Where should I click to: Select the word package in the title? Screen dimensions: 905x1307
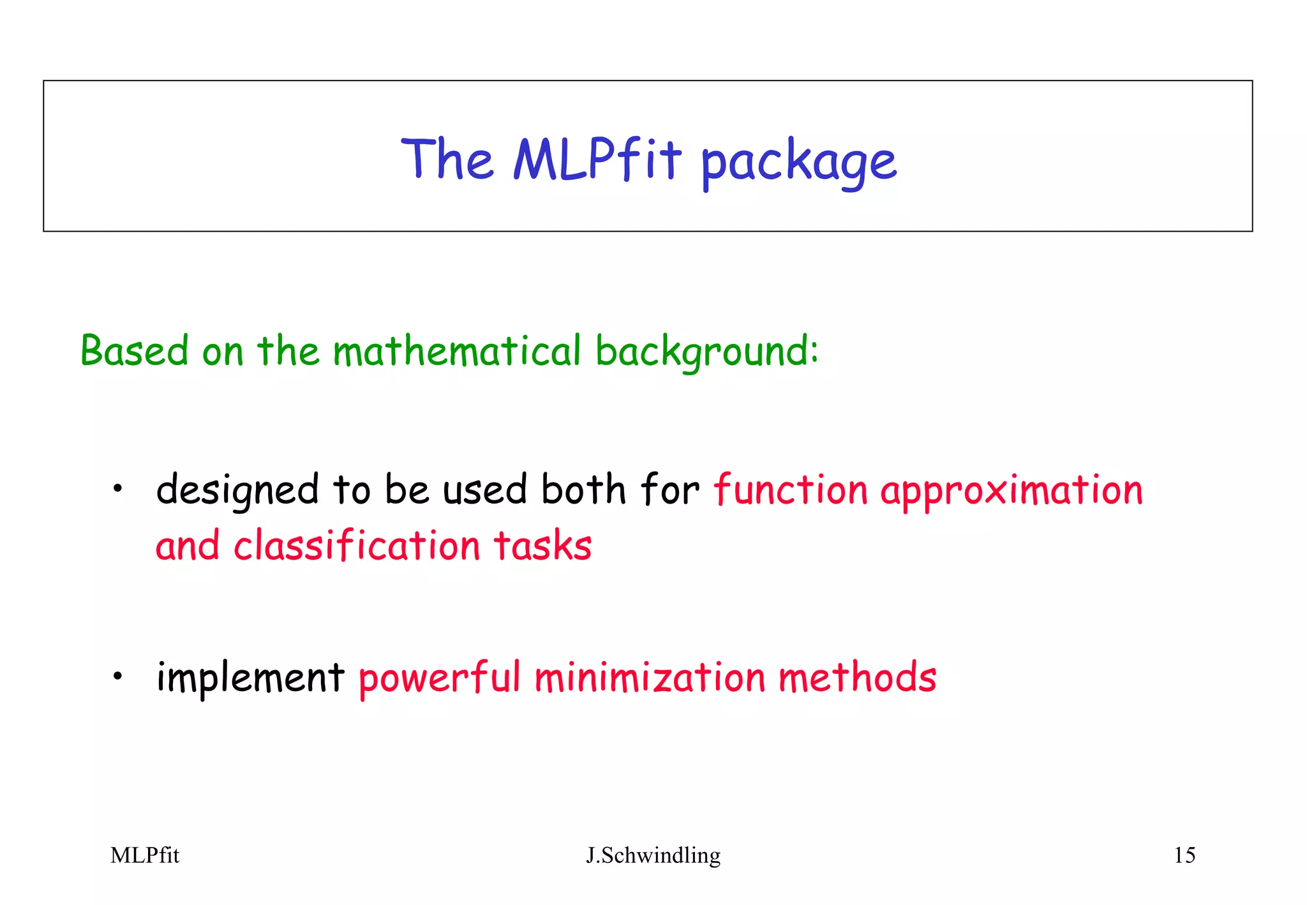click(798, 163)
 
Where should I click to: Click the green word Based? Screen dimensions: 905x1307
click(134, 350)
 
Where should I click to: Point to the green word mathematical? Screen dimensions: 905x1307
click(456, 350)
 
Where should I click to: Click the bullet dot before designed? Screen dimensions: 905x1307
click(117, 490)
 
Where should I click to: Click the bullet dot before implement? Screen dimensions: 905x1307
click(117, 677)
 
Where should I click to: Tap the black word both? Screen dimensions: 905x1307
click(583, 490)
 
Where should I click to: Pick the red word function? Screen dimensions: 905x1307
click(790, 490)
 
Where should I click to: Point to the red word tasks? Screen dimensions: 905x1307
click(542, 546)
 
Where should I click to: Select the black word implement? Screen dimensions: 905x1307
click(250, 678)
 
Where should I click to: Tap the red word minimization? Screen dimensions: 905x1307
click(649, 678)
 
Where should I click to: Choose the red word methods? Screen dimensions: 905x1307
click(857, 677)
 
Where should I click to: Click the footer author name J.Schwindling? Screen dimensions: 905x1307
click(653, 855)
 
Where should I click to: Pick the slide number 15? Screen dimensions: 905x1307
click(1184, 855)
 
